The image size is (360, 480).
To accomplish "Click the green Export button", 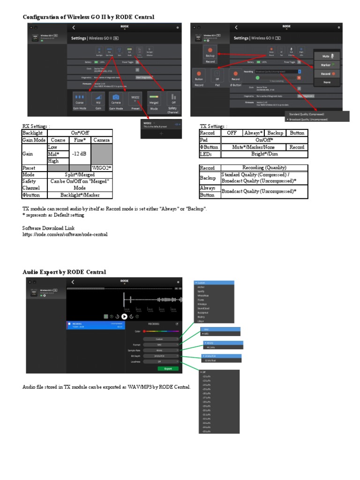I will click(168, 368).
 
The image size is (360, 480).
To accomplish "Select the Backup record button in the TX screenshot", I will click(210, 55).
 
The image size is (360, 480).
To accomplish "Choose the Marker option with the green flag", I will click(329, 65).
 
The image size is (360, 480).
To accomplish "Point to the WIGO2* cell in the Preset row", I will click(102, 168).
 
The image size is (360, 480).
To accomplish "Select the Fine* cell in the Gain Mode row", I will click(80, 140).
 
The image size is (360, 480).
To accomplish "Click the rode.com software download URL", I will click(65, 234).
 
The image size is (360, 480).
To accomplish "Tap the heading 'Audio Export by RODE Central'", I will click(64, 272).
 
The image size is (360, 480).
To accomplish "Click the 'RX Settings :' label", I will click(36, 126).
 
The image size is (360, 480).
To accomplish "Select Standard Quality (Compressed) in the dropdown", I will click(307, 114).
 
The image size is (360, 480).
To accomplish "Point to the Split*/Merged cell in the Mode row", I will click(80, 174).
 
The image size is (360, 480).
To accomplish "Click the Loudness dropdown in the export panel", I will click(161, 361).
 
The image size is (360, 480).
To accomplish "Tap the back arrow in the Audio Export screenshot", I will click(73, 282).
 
